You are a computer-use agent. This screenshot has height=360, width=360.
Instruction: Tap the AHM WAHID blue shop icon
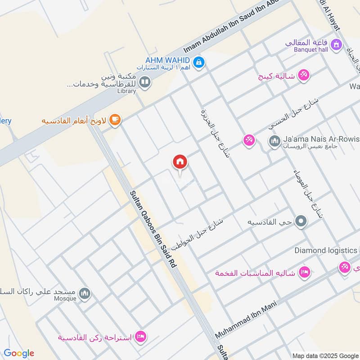point(198,62)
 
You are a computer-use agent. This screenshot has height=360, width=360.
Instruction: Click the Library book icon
point(144,82)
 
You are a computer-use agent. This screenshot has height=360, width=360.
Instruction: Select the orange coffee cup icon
point(116,120)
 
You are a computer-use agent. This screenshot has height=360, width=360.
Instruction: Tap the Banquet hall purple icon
point(335,45)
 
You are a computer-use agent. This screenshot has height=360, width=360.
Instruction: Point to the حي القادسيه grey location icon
point(301,221)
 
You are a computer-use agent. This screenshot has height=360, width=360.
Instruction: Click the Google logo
point(19,353)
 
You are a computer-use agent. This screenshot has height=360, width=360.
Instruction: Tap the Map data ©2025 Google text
point(325,355)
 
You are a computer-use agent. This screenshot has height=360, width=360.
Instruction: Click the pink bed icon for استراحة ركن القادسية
point(140,337)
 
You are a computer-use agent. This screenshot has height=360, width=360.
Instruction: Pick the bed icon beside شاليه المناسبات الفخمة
point(305,273)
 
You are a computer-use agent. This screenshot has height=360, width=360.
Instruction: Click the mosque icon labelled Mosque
point(84,294)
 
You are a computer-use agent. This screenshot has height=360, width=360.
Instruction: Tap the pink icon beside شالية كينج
point(304,75)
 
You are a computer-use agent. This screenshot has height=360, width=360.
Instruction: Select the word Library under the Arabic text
point(126,91)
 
